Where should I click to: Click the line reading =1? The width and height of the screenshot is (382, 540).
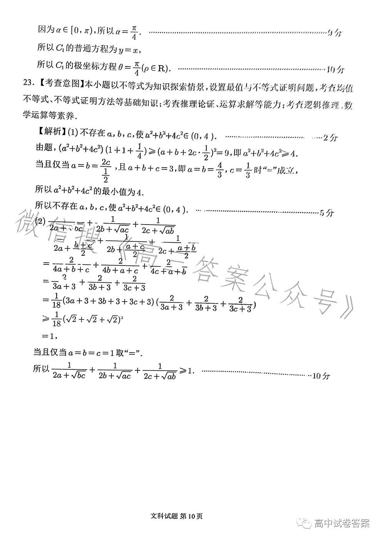(50, 336)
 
